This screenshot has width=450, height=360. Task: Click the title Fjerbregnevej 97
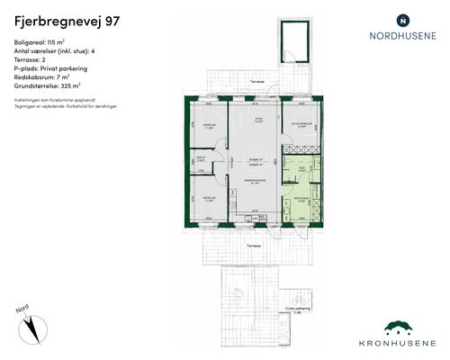tap(65, 19)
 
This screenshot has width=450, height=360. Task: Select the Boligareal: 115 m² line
tap(45, 43)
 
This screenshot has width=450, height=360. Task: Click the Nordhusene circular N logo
tap(402, 19)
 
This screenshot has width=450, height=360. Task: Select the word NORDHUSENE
tap(402, 37)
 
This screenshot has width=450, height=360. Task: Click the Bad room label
tap(302, 166)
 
